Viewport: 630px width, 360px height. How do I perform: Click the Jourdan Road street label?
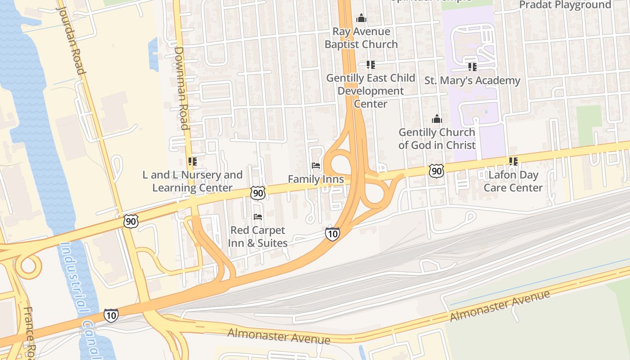point(71,40)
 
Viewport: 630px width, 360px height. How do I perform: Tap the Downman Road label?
point(181,88)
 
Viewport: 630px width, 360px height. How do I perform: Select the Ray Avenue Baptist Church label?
point(361,38)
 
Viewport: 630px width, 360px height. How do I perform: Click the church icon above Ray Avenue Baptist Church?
point(361,18)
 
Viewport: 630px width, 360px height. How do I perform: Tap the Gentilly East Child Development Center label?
point(370,90)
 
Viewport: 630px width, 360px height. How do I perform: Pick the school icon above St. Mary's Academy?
point(472,67)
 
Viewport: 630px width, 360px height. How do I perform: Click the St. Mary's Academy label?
point(472,81)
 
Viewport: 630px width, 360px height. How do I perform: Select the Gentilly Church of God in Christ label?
point(436,139)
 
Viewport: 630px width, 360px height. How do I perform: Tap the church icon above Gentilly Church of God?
point(436,119)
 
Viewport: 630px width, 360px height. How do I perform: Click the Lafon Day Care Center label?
point(513,181)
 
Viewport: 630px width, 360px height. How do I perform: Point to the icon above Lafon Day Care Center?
point(513,161)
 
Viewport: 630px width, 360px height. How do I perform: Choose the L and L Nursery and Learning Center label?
point(193,181)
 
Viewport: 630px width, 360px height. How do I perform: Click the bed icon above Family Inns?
point(316,166)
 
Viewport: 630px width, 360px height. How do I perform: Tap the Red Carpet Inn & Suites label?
point(258,237)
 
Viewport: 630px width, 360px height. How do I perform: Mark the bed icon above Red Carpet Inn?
point(258,217)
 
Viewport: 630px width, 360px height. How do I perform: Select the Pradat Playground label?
point(565,5)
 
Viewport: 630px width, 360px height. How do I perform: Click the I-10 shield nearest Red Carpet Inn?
point(332,234)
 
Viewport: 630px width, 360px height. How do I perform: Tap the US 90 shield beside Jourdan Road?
point(130,221)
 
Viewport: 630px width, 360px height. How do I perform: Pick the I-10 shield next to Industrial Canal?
point(111,315)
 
